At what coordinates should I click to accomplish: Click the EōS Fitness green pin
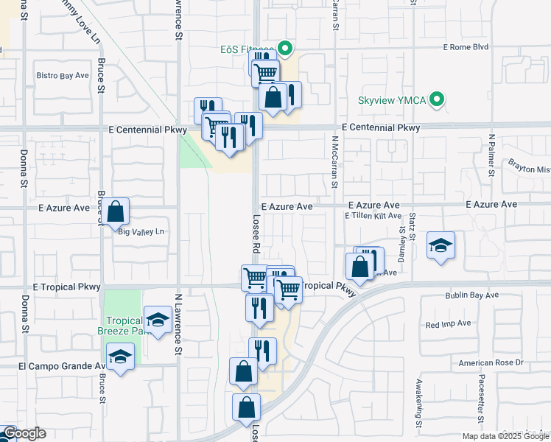(287, 50)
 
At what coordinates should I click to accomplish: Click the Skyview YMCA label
(392, 100)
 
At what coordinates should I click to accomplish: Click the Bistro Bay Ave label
(63, 75)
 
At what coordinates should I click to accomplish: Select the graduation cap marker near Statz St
(441, 246)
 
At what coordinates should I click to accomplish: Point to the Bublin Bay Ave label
(471, 295)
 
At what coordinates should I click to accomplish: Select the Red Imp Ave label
(448, 323)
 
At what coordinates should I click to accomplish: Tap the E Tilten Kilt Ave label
(373, 216)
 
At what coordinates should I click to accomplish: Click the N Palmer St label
(491, 155)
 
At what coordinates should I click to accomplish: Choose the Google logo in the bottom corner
(24, 433)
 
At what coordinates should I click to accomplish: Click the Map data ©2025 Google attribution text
(505, 436)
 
